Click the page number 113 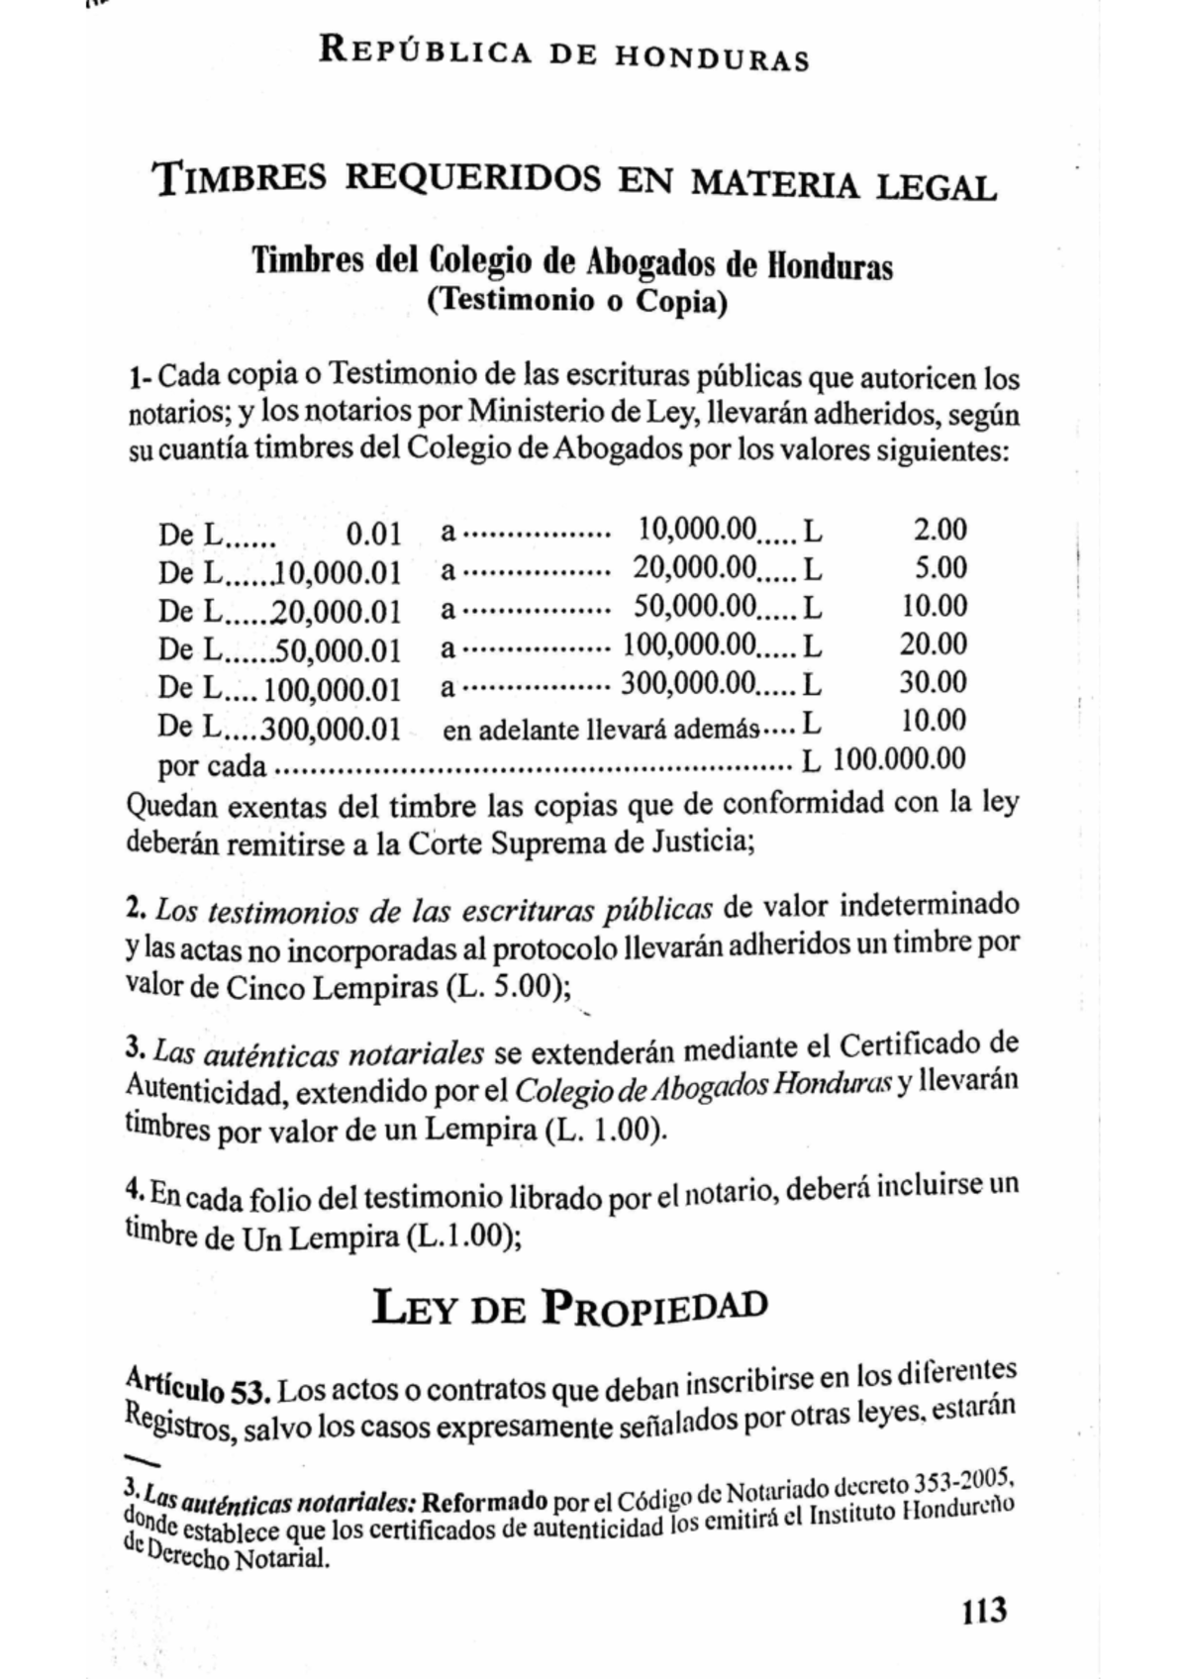(983, 1611)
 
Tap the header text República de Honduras (563, 54)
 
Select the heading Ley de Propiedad (569, 1309)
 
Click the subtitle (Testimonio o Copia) (576, 301)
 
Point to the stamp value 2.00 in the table (940, 530)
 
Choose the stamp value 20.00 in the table (933, 644)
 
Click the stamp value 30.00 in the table (933, 682)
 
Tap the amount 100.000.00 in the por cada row (899, 759)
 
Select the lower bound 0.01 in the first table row (373, 536)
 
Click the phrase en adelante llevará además (601, 731)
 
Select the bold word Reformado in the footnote (484, 1502)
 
